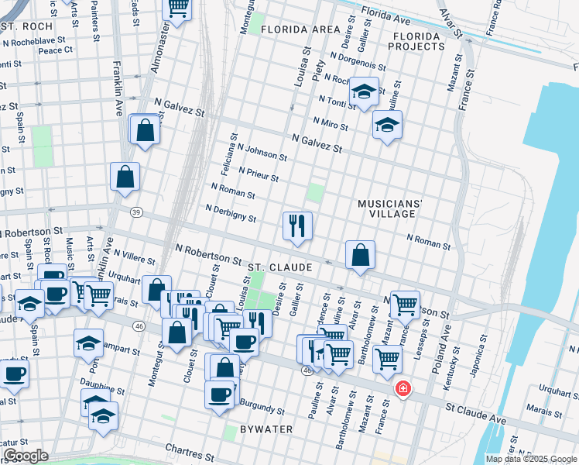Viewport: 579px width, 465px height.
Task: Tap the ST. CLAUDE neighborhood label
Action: (279, 267)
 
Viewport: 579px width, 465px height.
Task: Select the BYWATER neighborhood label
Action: (266, 429)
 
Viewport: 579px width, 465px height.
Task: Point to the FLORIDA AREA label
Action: (300, 29)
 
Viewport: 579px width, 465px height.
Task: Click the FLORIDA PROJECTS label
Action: (418, 41)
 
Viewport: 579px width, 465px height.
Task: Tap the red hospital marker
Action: (403, 387)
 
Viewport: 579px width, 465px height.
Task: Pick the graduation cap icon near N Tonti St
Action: (363, 91)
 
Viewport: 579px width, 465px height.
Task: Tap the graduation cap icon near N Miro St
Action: (387, 124)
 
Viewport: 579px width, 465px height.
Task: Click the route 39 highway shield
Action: (136, 212)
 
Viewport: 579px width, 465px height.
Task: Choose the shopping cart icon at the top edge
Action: (178, 8)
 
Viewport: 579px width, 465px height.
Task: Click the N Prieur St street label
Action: (259, 174)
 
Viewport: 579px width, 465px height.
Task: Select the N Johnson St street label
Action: (262, 151)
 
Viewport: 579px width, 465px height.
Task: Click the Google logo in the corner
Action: (26, 456)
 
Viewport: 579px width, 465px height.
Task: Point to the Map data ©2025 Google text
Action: (531, 459)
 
